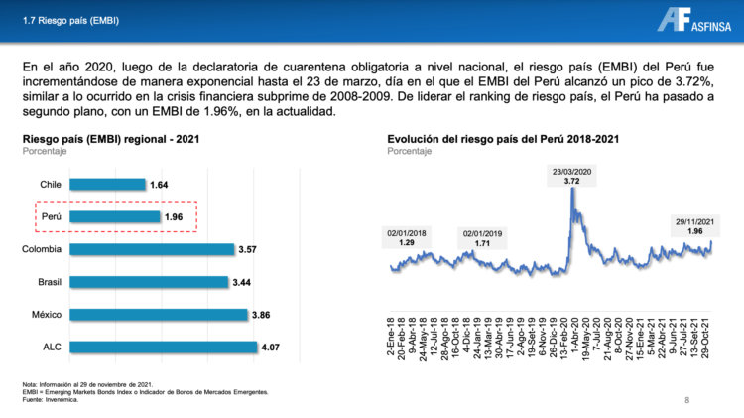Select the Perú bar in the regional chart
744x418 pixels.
click(115, 216)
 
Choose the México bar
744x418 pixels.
click(159, 315)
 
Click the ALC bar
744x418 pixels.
click(164, 348)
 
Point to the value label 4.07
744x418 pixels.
click(272, 348)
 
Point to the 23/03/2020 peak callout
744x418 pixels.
click(573, 176)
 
